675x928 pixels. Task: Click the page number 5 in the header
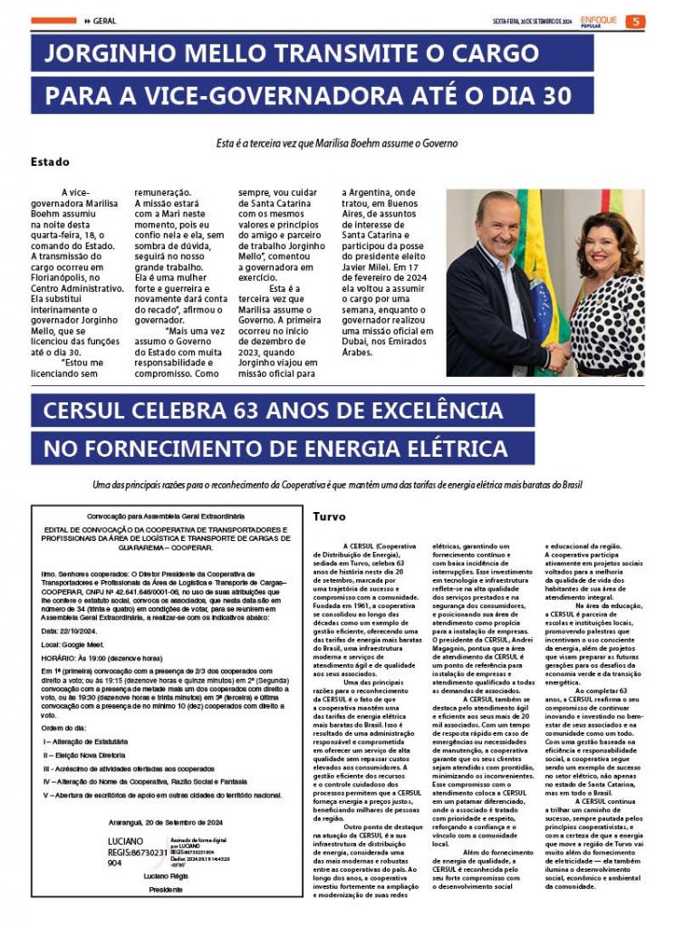coord(637,22)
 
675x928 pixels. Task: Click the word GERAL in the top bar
coord(104,22)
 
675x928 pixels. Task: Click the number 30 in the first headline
coord(552,95)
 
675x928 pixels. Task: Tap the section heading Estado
coord(50,162)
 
